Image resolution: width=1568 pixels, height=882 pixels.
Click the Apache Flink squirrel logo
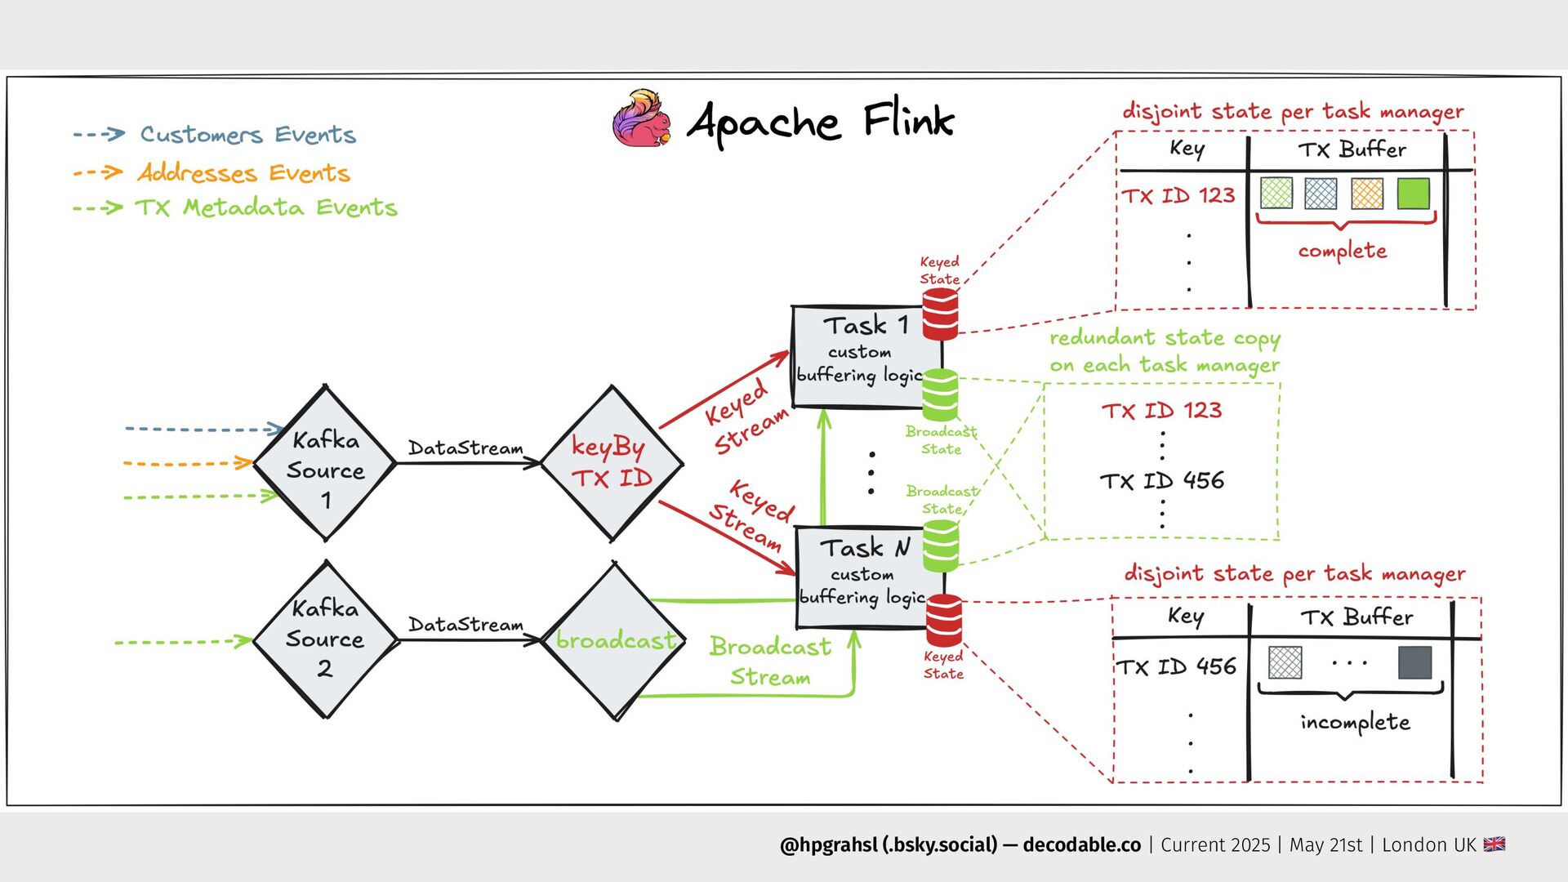point(643,119)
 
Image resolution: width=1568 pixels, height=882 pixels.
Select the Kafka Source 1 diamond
point(325,464)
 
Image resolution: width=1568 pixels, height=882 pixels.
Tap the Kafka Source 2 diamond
point(325,639)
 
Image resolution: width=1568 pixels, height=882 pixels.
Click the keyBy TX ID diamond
point(612,463)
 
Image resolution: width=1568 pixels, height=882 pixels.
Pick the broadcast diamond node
point(614,640)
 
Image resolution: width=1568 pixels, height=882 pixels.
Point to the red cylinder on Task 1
point(940,314)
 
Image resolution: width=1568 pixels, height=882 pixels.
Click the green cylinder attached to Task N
point(941,546)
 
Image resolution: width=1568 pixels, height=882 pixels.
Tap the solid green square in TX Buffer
point(1413,194)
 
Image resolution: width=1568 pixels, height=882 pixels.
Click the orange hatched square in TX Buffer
point(1367,194)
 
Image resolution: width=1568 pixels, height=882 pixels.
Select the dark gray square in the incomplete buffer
point(1414,662)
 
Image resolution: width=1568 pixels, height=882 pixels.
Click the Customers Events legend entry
point(247,135)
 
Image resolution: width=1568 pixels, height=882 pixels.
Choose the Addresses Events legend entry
point(243,173)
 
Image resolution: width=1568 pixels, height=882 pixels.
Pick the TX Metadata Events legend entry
point(266,207)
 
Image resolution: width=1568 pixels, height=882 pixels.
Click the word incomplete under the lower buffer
point(1355,722)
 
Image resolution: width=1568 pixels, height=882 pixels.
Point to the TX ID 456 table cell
point(1177,666)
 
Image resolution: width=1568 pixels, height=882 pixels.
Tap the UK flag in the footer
point(1494,844)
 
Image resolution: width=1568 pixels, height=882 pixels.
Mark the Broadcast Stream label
point(770,661)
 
